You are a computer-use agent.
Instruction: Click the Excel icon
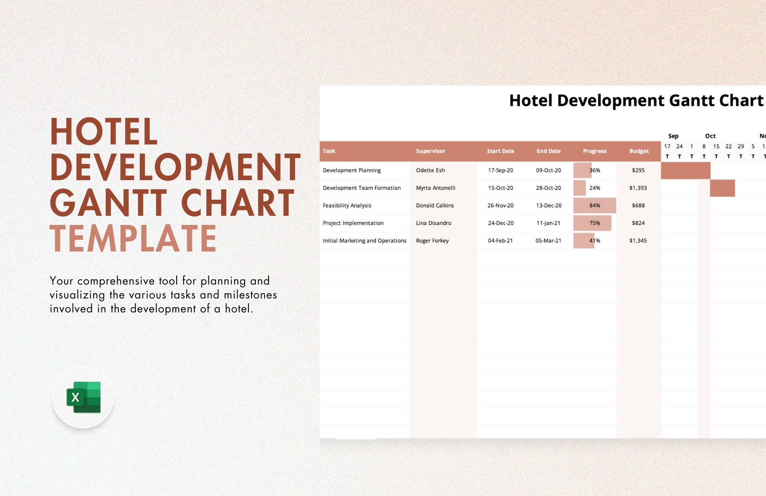point(83,398)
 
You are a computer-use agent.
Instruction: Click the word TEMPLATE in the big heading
point(133,238)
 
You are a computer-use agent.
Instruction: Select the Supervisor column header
point(430,151)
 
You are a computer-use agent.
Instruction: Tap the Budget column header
point(638,151)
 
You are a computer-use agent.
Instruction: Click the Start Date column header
point(500,151)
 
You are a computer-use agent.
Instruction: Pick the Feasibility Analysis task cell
point(347,206)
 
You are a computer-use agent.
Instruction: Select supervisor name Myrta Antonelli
point(436,188)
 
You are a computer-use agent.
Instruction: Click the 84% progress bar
point(594,206)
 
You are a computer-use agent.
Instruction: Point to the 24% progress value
point(595,188)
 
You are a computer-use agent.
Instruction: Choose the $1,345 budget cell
point(638,241)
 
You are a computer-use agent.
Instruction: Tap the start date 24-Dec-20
point(501,223)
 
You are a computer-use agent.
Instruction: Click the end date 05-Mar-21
point(548,241)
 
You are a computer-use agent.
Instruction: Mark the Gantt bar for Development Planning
point(685,171)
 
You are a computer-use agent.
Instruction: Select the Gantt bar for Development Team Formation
point(722,188)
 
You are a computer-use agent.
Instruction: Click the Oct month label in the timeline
point(710,136)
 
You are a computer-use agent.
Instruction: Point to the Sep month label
point(673,136)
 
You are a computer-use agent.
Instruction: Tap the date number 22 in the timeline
point(728,147)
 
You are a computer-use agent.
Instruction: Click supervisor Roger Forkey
point(432,241)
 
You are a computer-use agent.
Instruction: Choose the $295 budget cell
point(638,171)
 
